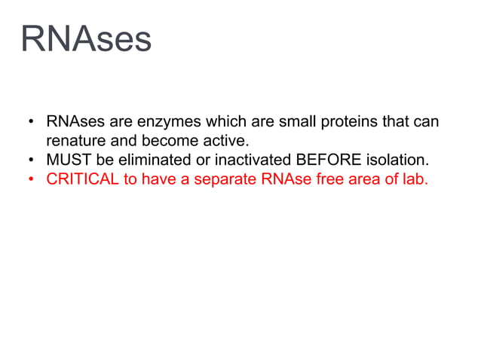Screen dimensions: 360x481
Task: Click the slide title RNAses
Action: coord(86,39)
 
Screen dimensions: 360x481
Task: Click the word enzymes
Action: coord(164,121)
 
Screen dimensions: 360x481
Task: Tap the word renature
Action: coord(77,141)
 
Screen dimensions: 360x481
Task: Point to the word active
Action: coord(225,141)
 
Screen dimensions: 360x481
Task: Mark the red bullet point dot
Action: coord(31,181)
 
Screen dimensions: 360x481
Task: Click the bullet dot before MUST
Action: coord(31,161)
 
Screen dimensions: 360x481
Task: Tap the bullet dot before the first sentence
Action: coord(31,122)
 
